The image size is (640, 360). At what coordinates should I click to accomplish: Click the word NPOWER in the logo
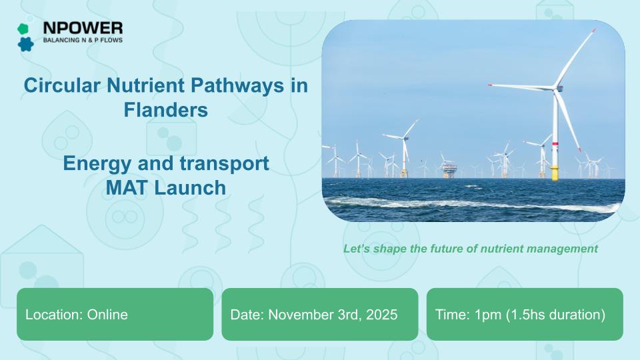click(83, 28)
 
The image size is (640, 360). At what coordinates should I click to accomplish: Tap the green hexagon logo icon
click(23, 29)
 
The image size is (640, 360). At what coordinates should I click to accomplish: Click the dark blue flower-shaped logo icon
click(26, 44)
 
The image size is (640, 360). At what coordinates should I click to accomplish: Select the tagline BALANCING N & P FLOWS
click(83, 40)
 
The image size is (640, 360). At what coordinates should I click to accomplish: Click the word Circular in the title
click(62, 86)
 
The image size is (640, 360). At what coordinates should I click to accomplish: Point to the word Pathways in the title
click(237, 86)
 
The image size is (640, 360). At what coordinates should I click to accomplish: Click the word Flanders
click(166, 110)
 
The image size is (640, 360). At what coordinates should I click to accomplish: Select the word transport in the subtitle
click(224, 164)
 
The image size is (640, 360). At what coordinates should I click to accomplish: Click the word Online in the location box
click(107, 315)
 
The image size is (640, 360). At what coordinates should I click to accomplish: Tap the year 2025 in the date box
click(381, 315)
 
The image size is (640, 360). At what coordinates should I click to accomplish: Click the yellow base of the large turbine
click(555, 173)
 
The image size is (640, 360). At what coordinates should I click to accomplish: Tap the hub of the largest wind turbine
click(557, 87)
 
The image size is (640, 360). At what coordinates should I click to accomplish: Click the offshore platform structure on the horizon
click(449, 169)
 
